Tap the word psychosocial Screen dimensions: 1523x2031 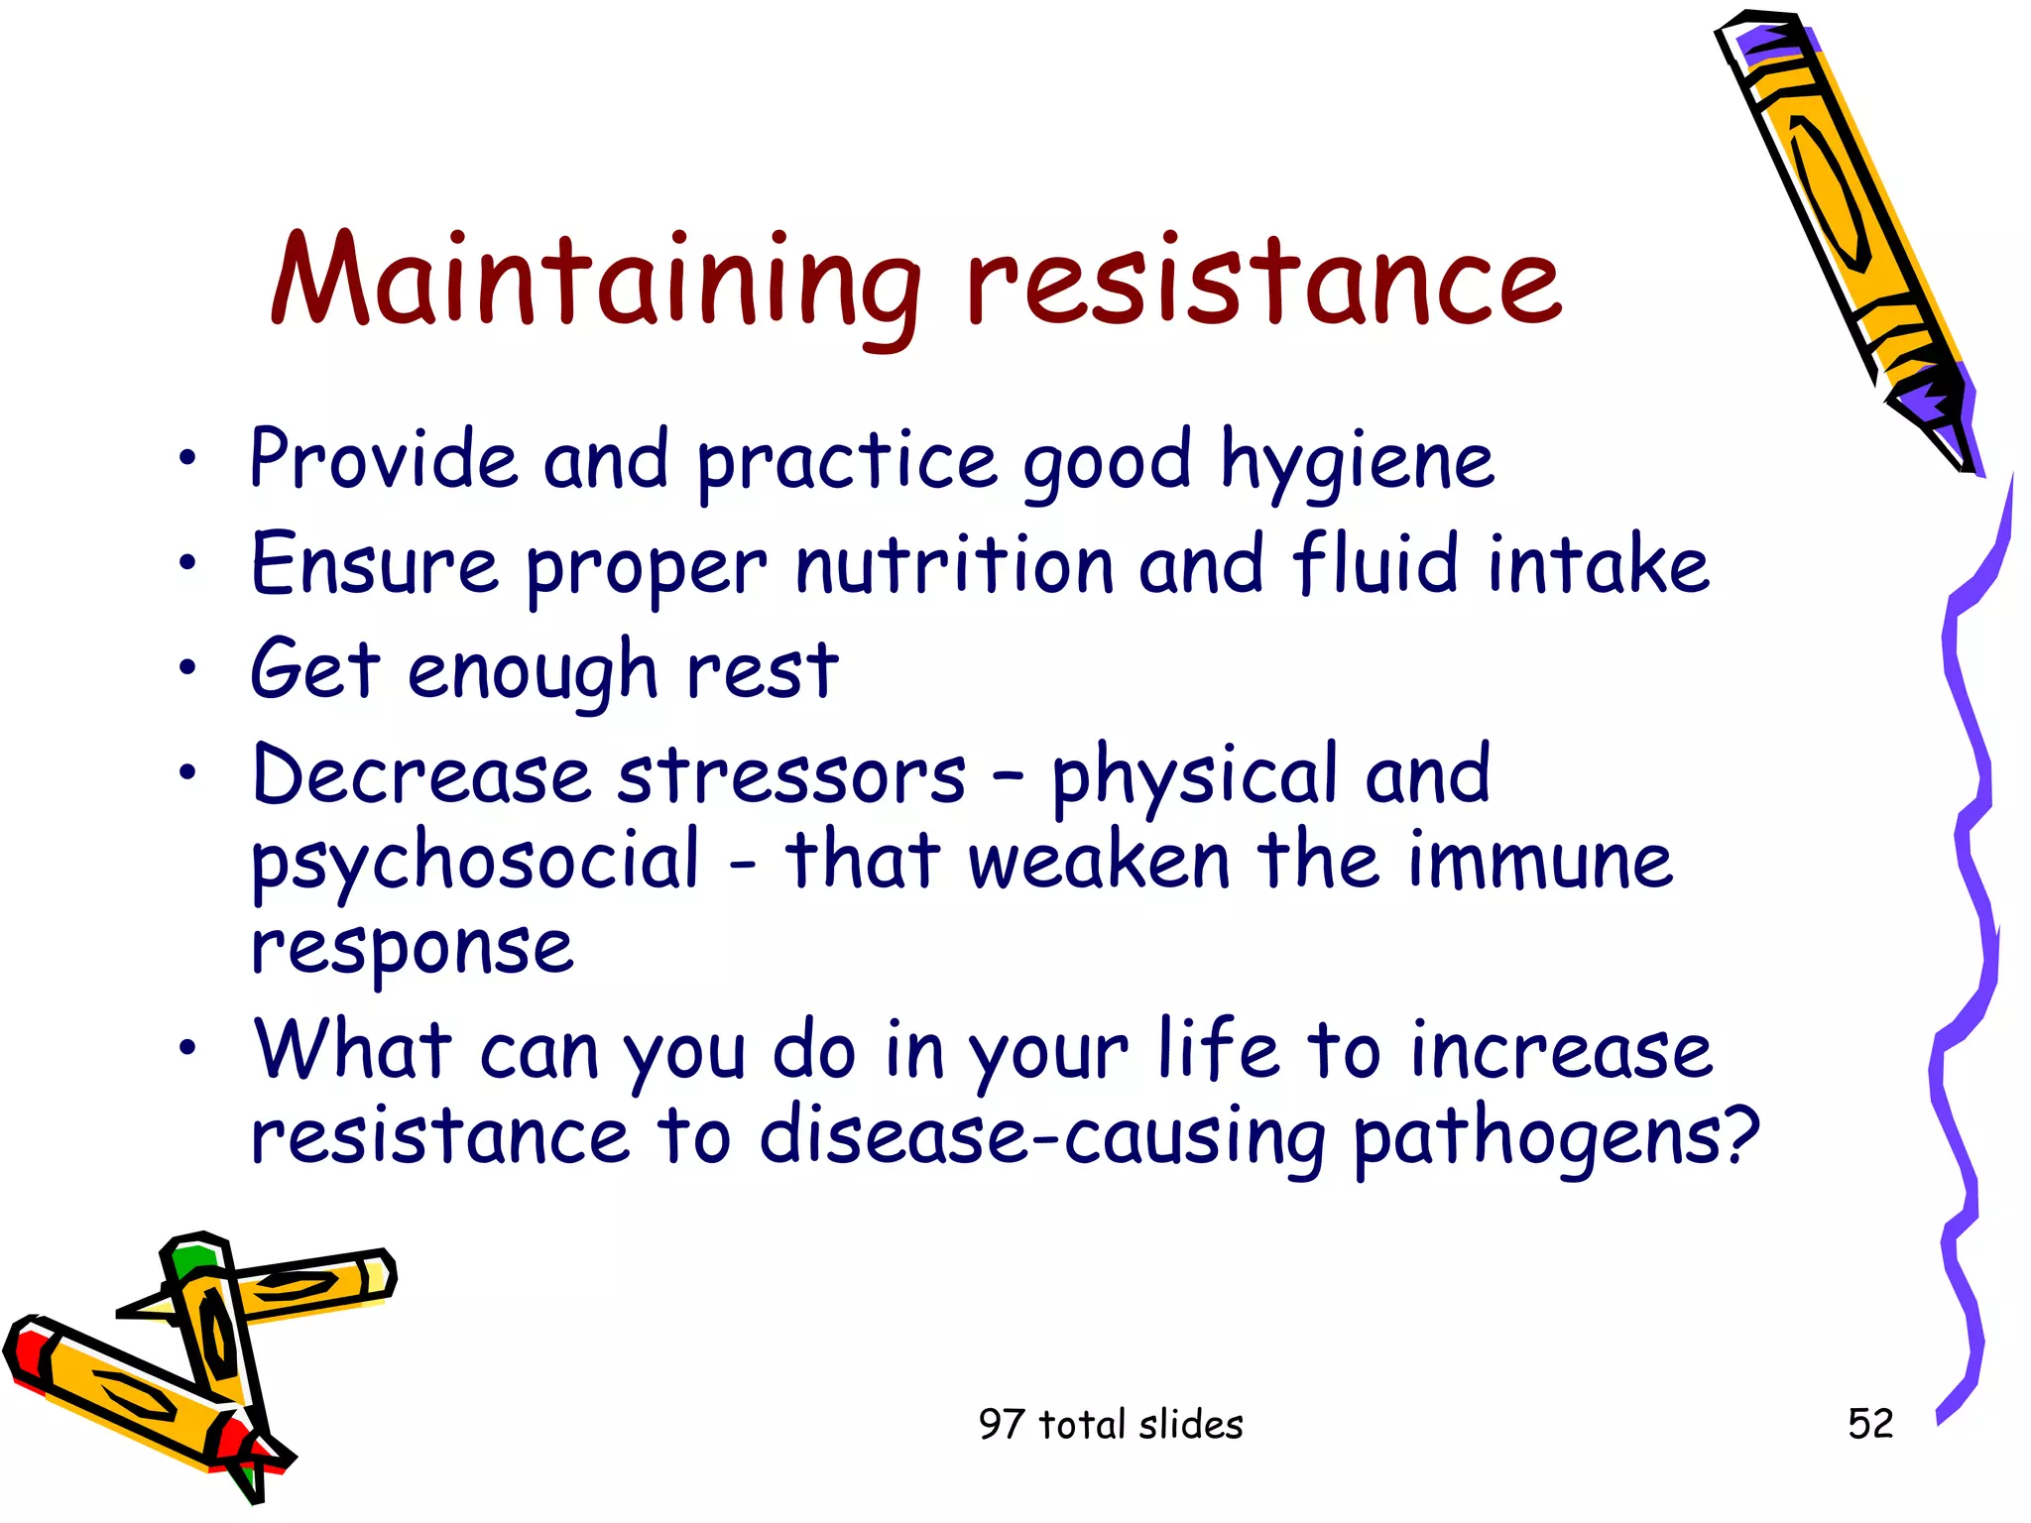tap(476, 863)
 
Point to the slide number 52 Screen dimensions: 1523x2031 tap(1870, 1424)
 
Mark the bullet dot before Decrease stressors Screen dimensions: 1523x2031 tap(187, 772)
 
